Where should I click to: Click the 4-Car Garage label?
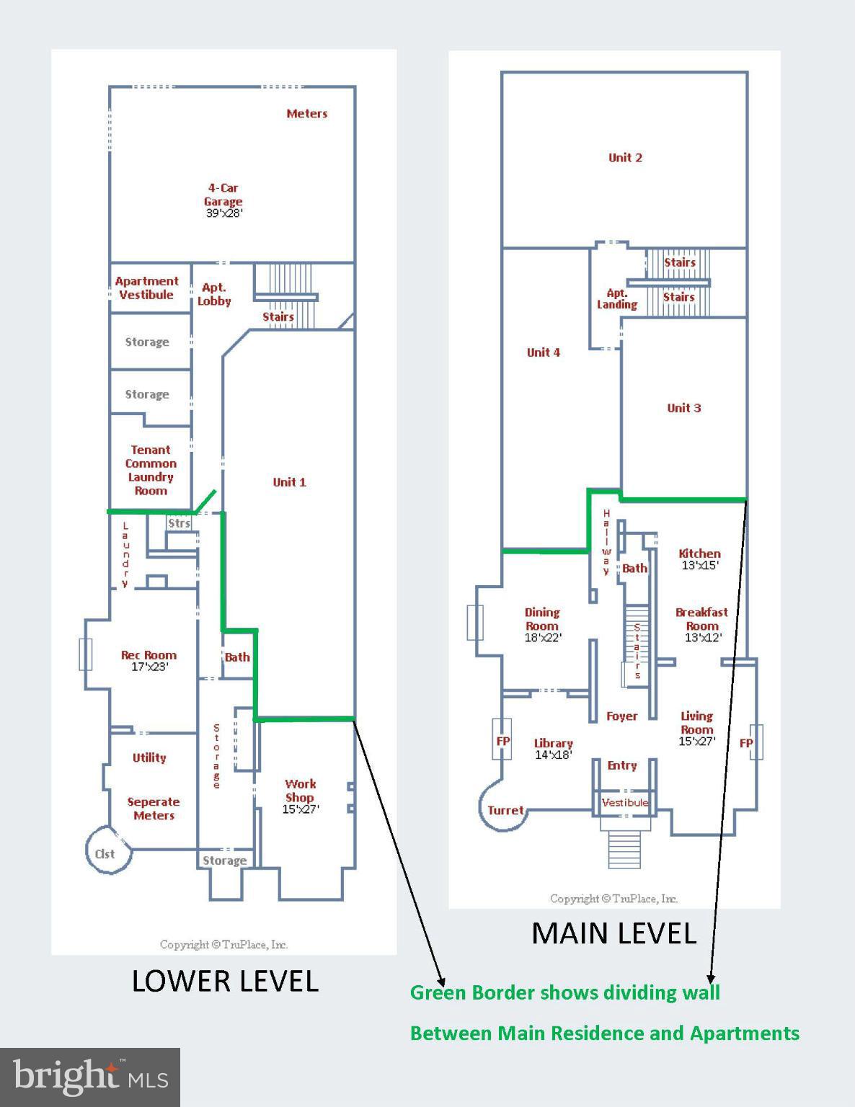[223, 195]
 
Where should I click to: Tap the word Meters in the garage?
[306, 113]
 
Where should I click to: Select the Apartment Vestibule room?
[147, 288]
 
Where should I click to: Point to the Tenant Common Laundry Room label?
[151, 470]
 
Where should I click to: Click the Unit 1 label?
[289, 482]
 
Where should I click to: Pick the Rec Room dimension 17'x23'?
[149, 667]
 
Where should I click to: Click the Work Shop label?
[300, 790]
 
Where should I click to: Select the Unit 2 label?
[625, 157]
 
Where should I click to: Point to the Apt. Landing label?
[617, 298]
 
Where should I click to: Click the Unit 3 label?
[683, 408]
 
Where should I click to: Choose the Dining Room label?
[542, 618]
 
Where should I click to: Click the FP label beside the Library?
[502, 740]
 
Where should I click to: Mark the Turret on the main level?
[505, 810]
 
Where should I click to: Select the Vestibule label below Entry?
[625, 802]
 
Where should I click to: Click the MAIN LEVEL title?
[613, 933]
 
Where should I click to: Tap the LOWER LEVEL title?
[225, 981]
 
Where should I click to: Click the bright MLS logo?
[90, 1077]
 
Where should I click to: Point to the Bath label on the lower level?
[237, 657]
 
